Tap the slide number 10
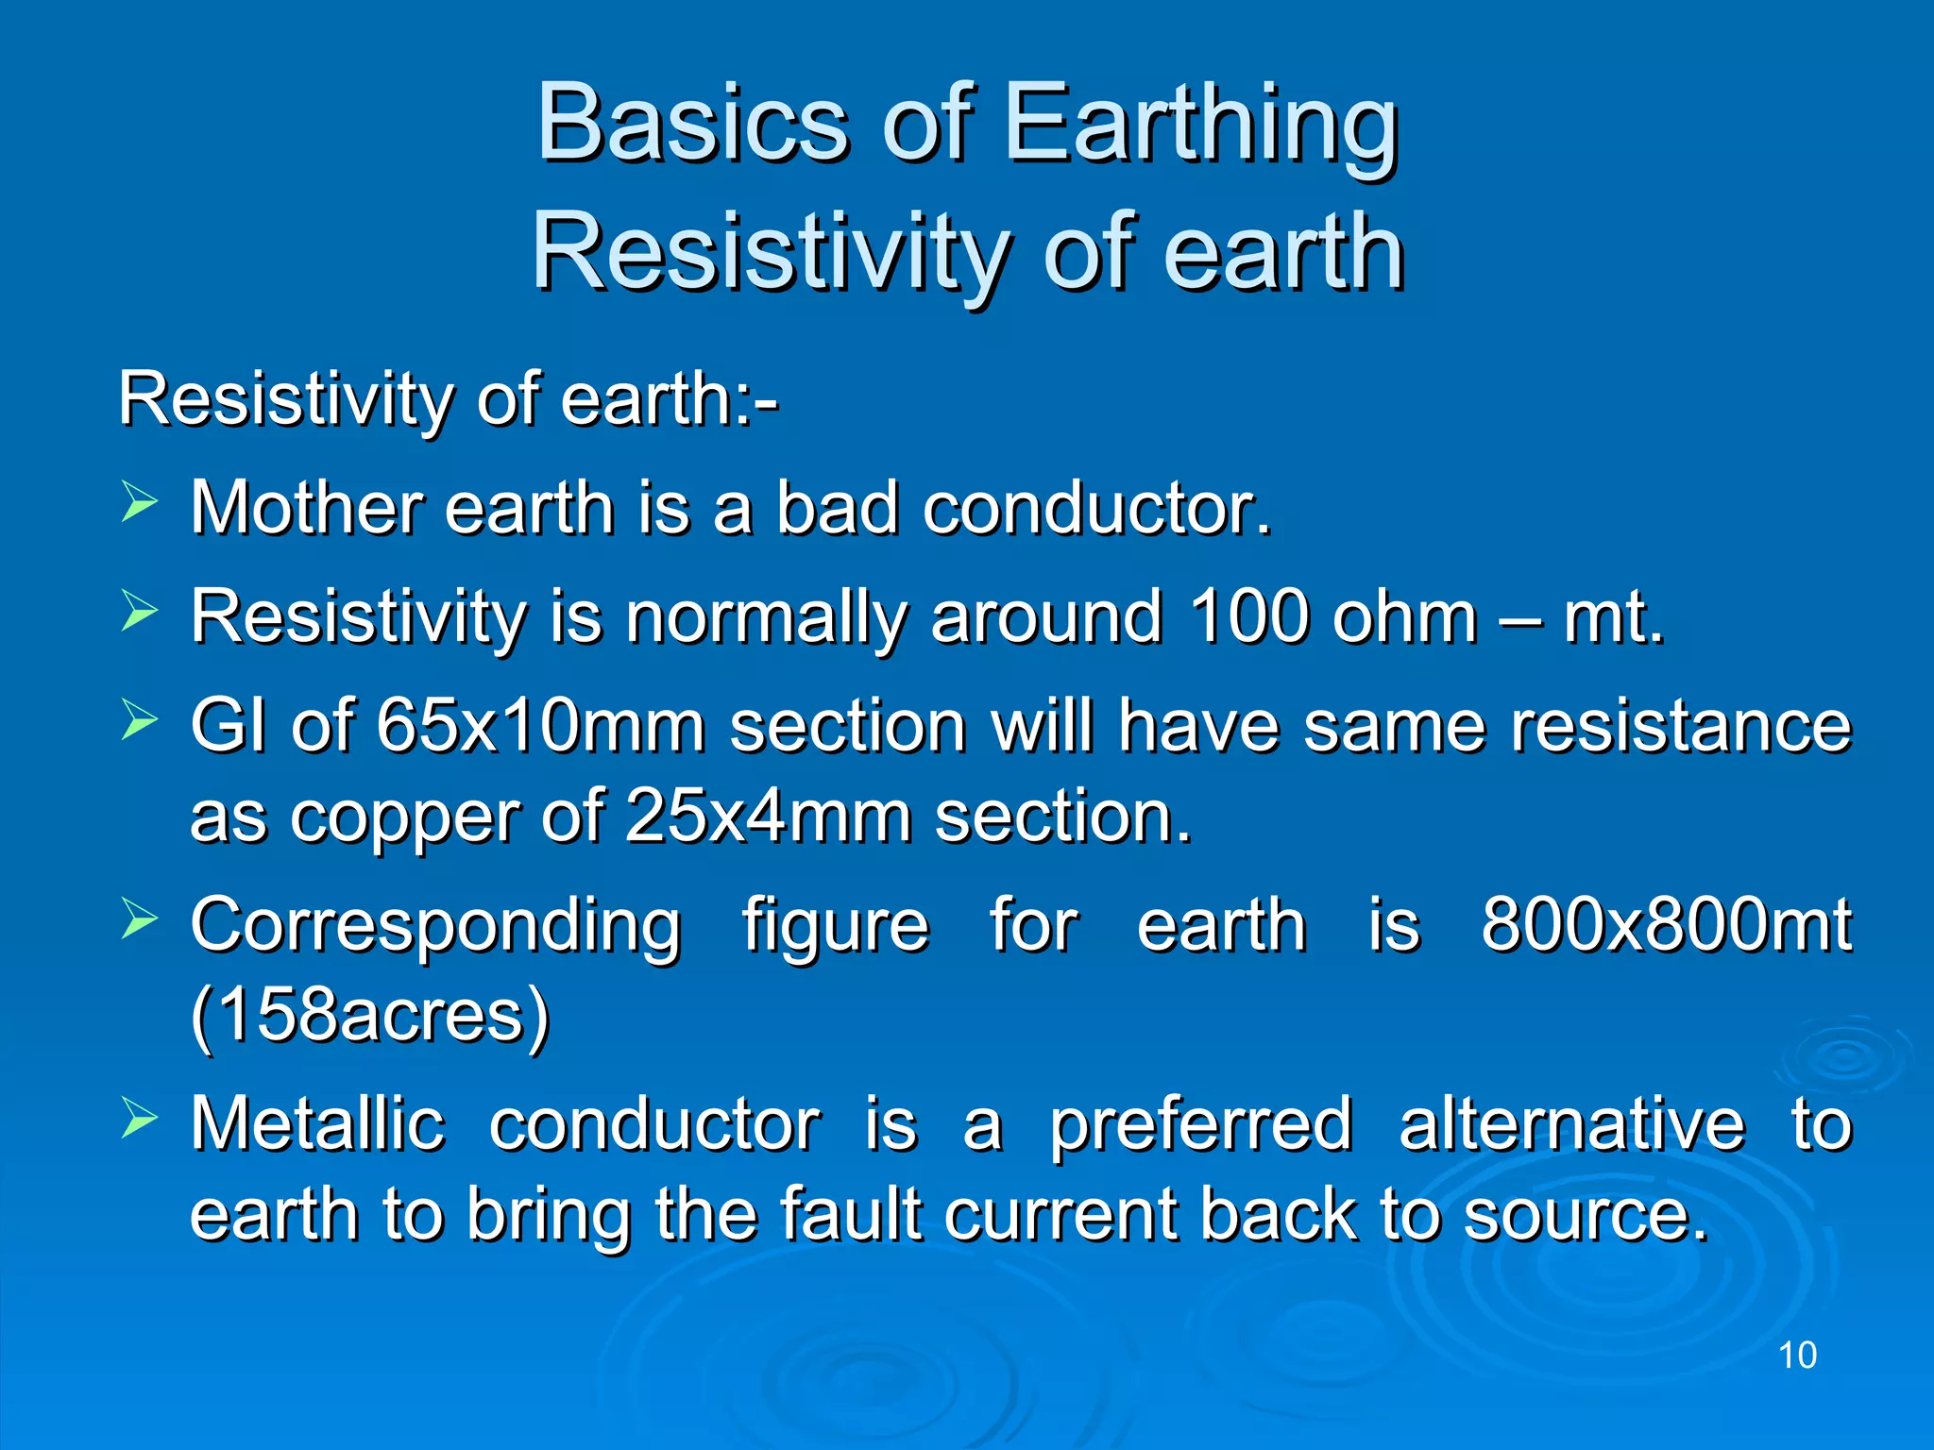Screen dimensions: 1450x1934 1797,1356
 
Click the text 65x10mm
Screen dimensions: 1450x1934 540,726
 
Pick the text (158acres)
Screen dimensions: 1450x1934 369,1016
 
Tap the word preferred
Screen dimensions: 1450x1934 1201,1125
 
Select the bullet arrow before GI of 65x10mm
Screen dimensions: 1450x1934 139,720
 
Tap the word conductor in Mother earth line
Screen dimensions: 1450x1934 1097,509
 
